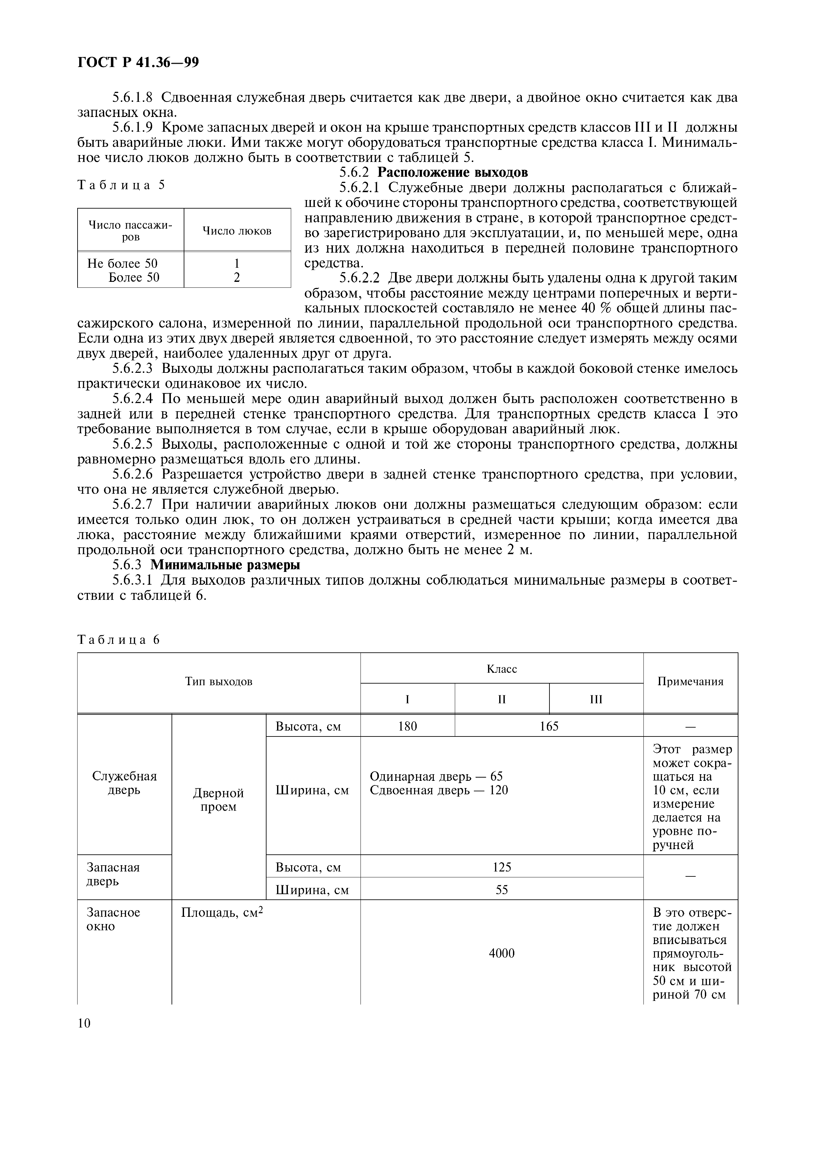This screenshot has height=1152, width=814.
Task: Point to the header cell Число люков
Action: (x=237, y=231)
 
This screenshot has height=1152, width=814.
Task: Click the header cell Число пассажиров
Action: (x=130, y=231)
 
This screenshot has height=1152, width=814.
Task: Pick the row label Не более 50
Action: (x=123, y=263)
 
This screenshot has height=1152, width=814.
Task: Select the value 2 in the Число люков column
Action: (x=237, y=278)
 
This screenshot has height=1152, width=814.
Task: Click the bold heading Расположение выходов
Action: (x=452, y=172)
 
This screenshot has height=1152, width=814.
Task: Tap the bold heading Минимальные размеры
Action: (x=225, y=565)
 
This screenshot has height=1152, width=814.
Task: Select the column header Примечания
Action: (x=690, y=681)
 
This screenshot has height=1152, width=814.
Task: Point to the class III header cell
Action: (x=596, y=699)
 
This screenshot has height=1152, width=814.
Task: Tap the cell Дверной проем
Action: (x=218, y=800)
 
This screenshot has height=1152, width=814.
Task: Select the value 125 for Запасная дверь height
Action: (x=501, y=867)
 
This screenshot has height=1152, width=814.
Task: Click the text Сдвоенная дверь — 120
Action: (x=439, y=790)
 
